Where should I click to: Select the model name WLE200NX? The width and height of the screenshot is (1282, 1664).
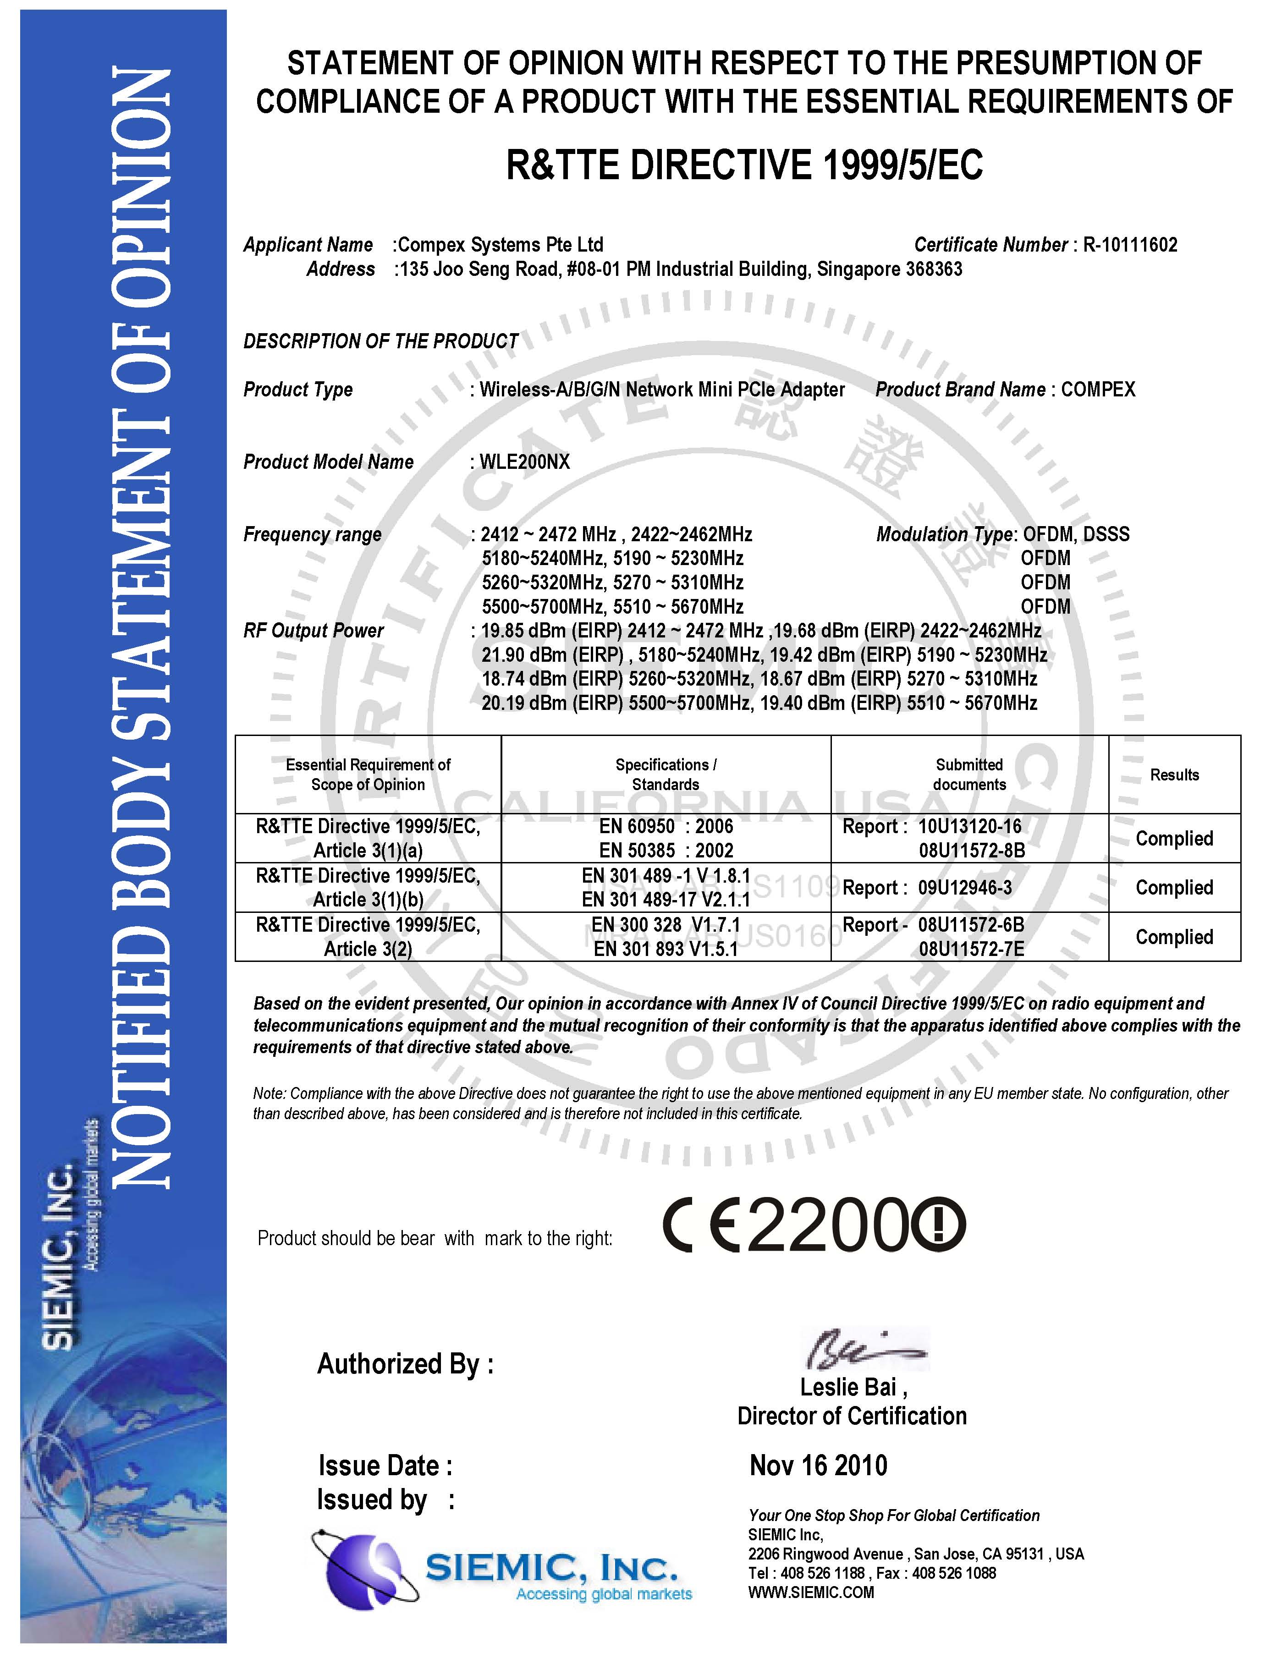tap(524, 462)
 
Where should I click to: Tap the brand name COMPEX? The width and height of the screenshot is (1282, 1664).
tap(1098, 390)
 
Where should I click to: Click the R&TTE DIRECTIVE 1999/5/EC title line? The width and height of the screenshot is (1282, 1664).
tap(745, 165)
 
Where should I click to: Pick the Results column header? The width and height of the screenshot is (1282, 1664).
tap(1174, 775)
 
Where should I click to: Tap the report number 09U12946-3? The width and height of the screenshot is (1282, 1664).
tap(965, 888)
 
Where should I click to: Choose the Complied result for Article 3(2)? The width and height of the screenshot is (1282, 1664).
tap(1174, 937)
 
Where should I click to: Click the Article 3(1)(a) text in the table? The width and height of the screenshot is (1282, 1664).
tap(368, 850)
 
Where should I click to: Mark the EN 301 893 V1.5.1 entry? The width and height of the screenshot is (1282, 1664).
tap(666, 949)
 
